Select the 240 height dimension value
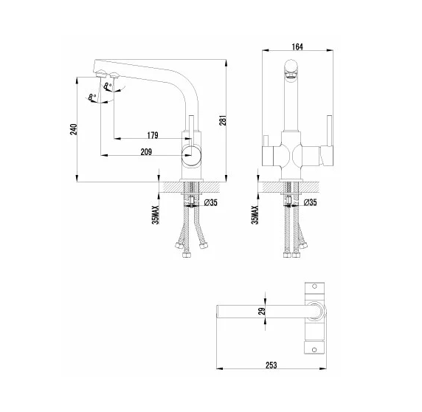(x=73, y=129)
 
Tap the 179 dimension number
(x=153, y=134)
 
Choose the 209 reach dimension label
(x=145, y=152)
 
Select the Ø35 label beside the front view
(x=309, y=202)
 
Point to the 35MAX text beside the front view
(x=255, y=210)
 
